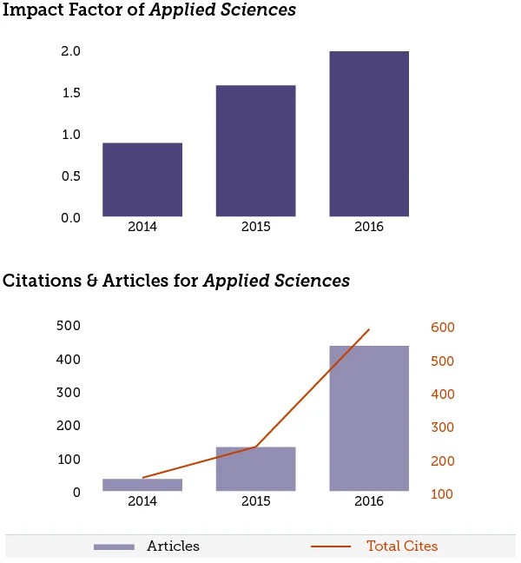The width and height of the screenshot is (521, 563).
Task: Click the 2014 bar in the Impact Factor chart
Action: pos(142,180)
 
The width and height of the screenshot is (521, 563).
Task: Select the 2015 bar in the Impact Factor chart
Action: pos(255,151)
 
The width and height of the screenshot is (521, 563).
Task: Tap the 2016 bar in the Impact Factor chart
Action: pos(369,134)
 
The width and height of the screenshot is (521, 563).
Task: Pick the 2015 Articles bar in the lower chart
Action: pos(255,469)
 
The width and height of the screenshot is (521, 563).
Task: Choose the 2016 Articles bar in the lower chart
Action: pos(369,419)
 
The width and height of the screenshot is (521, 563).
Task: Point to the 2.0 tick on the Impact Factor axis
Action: pos(70,52)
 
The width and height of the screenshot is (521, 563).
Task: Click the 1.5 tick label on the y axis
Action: pos(70,94)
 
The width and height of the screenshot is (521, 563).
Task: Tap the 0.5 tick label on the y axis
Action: pos(70,176)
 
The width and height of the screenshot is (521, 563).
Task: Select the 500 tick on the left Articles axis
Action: pos(69,326)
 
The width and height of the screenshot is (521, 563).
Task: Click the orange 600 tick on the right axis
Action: pos(444,328)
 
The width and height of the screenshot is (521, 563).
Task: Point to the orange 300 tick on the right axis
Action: pos(444,427)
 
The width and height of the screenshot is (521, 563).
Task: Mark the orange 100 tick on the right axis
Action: pos(444,494)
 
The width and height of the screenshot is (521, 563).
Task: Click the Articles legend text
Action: pos(173,546)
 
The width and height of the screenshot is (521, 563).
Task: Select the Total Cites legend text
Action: pos(402,546)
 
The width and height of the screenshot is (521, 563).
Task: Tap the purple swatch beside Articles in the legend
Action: pos(114,546)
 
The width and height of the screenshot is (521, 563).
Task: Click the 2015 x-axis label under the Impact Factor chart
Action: pos(255,228)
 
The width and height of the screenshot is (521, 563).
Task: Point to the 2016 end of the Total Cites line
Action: pos(369,329)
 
